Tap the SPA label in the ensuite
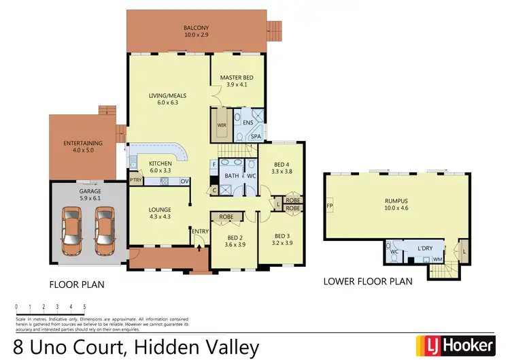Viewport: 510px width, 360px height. tap(256, 136)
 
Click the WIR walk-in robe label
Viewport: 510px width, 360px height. tap(221, 125)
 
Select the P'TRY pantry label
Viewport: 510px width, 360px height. tap(135, 181)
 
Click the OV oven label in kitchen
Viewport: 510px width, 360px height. tap(184, 181)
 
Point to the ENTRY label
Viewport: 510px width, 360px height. tap(200, 232)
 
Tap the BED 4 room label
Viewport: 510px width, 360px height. tap(282, 164)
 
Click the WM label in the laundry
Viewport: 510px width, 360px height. tap(438, 259)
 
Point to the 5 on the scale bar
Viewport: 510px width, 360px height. tap(84, 307)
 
